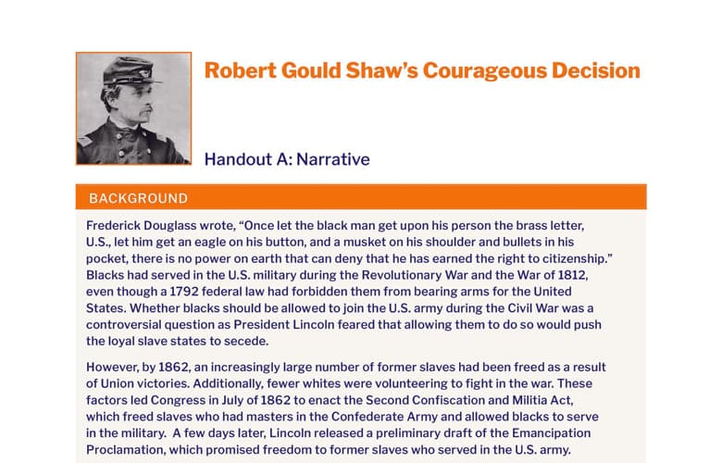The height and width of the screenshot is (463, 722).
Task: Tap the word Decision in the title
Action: click(596, 70)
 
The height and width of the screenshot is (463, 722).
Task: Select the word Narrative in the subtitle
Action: click(333, 159)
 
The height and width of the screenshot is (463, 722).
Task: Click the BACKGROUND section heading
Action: click(138, 198)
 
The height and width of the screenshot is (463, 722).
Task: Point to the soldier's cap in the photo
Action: click(130, 71)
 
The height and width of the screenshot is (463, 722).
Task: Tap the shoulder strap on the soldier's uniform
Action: click(85, 140)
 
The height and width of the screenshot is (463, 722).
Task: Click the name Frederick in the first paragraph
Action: click(113, 226)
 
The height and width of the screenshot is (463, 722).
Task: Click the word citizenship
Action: click(576, 259)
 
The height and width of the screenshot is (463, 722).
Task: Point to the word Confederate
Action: click(367, 417)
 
